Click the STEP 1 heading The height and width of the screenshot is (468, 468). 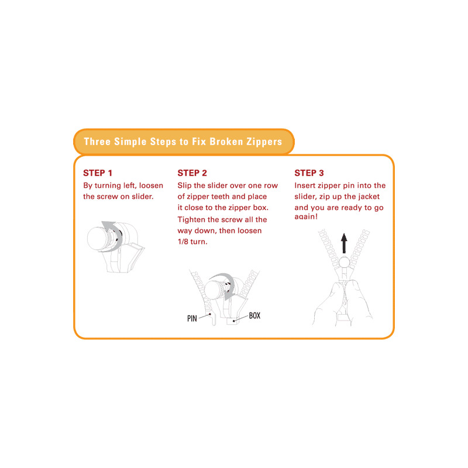pyautogui.click(x=98, y=173)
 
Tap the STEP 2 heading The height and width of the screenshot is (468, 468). pyautogui.click(x=192, y=173)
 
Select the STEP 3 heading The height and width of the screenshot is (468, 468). pyautogui.click(x=309, y=173)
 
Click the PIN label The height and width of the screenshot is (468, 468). pyautogui.click(x=192, y=318)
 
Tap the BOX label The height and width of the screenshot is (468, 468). pyautogui.click(x=254, y=315)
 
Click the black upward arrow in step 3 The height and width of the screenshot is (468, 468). pyautogui.click(x=344, y=243)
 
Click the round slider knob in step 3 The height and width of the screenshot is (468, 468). pyautogui.click(x=344, y=262)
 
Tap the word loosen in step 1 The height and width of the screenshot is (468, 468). pyautogui.click(x=151, y=185)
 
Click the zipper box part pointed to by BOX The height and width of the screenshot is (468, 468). pyautogui.click(x=232, y=321)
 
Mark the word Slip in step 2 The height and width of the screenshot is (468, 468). pyautogui.click(x=184, y=185)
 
